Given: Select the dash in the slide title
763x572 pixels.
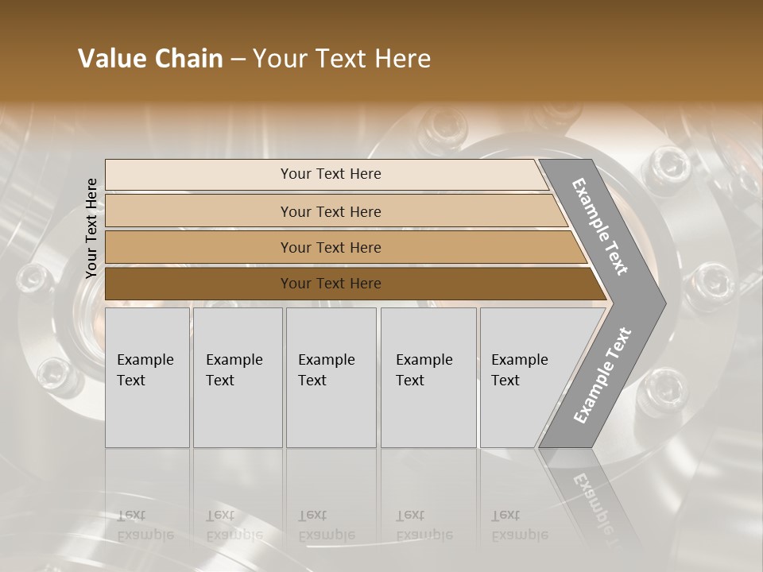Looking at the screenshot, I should [x=238, y=60].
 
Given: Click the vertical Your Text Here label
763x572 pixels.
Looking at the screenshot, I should [x=91, y=228].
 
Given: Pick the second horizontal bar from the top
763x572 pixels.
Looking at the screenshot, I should [x=330, y=211].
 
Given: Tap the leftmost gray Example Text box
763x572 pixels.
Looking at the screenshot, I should [x=147, y=377].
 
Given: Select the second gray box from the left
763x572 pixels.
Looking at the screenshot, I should [x=238, y=377].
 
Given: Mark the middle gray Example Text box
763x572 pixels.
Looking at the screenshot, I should [x=331, y=377].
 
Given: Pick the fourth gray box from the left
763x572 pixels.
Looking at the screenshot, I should [x=428, y=377].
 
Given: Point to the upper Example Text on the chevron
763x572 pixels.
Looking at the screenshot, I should [x=600, y=226].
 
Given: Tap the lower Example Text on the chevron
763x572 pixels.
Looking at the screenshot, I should [x=602, y=376].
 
